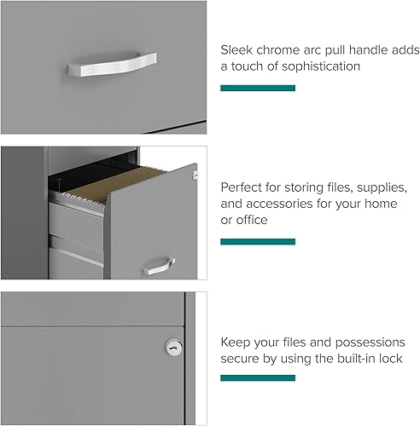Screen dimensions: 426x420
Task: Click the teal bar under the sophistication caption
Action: coord(258,88)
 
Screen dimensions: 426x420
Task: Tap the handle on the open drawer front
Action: coord(159,266)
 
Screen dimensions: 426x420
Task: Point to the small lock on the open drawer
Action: coord(195,175)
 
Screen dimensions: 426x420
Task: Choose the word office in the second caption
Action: coord(253,220)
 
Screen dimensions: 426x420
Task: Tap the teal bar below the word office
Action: coord(258,242)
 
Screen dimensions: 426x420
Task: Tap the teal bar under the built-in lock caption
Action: coord(258,378)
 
